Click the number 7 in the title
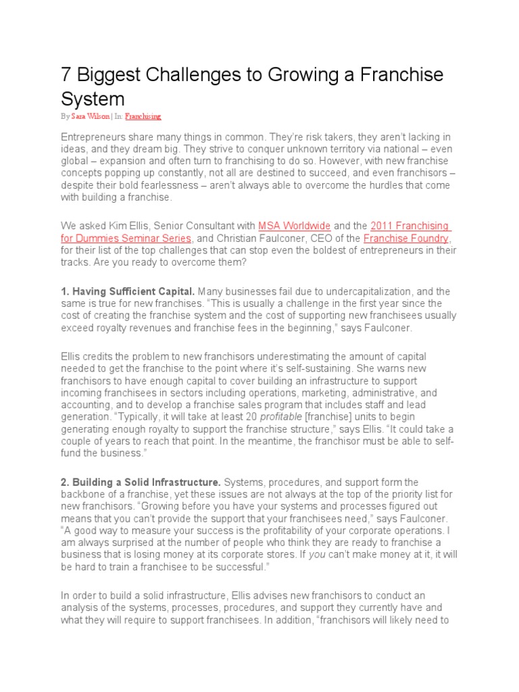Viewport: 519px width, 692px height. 67,75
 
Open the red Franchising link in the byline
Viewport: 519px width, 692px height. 143,116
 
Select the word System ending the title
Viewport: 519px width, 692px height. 93,99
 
